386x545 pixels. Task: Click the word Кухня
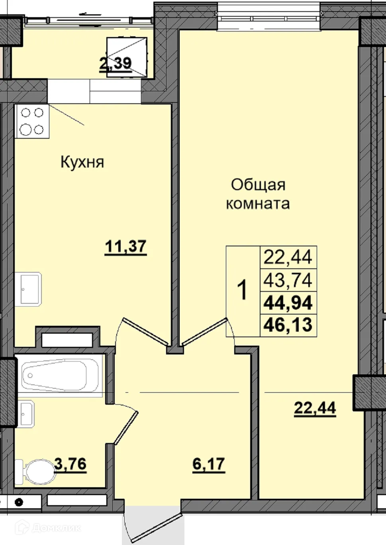click(x=82, y=162)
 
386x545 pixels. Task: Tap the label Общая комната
click(x=258, y=194)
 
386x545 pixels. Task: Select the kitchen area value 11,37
click(x=125, y=246)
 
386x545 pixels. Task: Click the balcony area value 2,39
click(x=115, y=63)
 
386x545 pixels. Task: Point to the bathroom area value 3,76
click(x=71, y=464)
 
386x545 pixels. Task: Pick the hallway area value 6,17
click(x=208, y=464)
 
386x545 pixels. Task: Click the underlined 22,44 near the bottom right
click(x=315, y=408)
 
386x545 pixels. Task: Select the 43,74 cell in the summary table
click(x=288, y=280)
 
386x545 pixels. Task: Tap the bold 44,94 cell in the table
click(x=288, y=303)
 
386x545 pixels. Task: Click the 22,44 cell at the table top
click(x=288, y=257)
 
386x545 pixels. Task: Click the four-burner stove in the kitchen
click(x=32, y=121)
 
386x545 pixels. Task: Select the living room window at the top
click(x=268, y=16)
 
